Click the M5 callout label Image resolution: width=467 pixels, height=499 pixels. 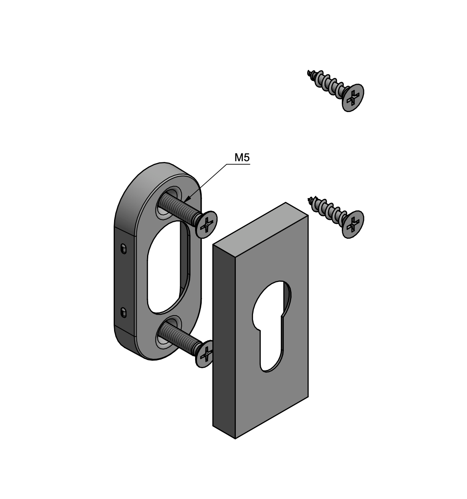click(242, 157)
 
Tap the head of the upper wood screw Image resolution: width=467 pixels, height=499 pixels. click(353, 97)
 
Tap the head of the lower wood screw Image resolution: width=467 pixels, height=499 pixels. click(353, 224)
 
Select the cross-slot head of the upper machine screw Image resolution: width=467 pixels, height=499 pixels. click(206, 225)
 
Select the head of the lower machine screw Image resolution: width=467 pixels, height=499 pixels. click(204, 354)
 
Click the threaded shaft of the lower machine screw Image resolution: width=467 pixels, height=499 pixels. click(179, 337)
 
